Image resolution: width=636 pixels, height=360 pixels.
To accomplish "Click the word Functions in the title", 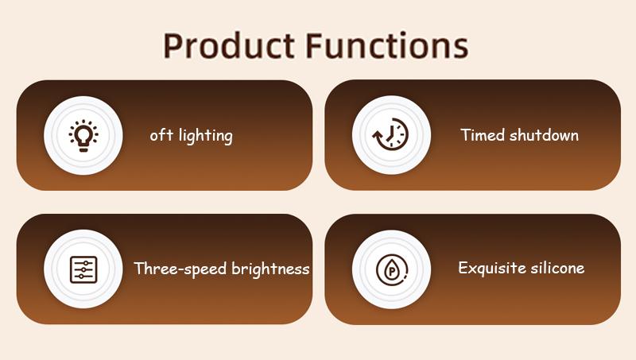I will pos(387,46).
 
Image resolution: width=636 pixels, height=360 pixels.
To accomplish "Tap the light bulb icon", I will pos(83,135).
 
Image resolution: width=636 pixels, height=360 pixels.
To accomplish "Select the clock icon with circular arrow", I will pos(391,135).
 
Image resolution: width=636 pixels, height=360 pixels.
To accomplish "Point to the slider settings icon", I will pos(83,269).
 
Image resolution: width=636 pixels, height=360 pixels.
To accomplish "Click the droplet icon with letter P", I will pos(391,269).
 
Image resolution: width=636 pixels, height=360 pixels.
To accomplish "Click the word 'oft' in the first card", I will pos(159,135).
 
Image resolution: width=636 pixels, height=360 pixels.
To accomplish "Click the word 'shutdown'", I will pos(545,135).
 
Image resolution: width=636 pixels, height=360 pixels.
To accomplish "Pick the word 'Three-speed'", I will pos(180,269).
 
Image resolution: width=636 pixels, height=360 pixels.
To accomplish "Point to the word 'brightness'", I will pos(270,269).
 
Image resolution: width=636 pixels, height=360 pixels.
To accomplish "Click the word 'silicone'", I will pos(558,268).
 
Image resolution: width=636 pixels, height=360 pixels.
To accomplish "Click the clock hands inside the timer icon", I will pos(393,134).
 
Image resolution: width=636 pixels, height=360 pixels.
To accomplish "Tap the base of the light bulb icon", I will pos(83,148).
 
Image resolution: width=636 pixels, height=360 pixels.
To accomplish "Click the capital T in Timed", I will pos(466,134).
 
